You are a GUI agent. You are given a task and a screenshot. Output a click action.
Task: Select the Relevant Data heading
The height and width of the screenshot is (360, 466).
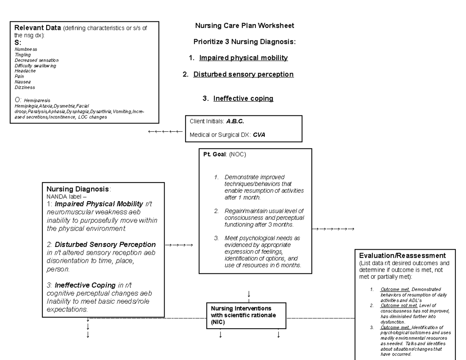[x=37, y=28]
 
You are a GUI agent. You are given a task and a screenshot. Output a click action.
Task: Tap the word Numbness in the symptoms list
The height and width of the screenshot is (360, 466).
[x=26, y=49]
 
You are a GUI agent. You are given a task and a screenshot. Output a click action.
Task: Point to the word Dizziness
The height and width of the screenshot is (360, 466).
[x=25, y=87]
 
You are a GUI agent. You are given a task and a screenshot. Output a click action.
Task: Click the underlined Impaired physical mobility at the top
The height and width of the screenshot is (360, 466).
[x=243, y=58]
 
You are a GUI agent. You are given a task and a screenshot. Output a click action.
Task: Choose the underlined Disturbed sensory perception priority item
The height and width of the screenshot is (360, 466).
[x=243, y=74]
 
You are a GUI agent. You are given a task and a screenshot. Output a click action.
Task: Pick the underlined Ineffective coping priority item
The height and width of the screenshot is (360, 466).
[x=243, y=99]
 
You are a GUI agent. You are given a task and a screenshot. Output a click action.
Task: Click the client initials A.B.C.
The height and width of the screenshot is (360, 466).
[x=235, y=122]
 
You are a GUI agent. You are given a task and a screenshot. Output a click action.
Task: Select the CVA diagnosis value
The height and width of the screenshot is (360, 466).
[x=259, y=135]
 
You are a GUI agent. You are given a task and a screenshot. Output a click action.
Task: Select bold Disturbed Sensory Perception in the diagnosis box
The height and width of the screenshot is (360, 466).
[x=105, y=245]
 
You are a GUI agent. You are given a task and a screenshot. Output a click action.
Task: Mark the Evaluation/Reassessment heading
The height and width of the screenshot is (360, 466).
[x=402, y=256]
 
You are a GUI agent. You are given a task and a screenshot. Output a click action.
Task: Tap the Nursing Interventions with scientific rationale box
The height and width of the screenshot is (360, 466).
[x=246, y=315]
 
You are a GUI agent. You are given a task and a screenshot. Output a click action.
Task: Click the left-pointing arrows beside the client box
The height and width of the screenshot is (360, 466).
[x=165, y=132]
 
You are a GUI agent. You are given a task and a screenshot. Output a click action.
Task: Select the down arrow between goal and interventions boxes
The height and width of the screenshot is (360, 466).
[x=249, y=293]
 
